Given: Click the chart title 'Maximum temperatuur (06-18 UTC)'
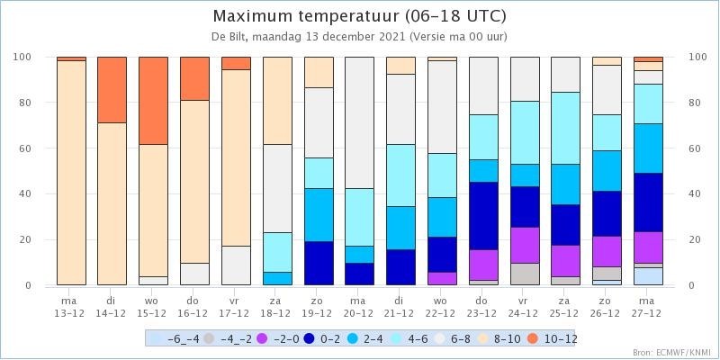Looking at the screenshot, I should pos(359,17).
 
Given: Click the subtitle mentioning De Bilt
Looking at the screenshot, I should pos(359,37).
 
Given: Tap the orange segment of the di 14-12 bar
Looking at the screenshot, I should pos(112,89).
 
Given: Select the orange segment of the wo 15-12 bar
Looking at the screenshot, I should pos(153,100).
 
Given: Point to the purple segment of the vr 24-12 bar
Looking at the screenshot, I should pos(524,245).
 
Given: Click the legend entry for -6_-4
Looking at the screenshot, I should pos(170,338).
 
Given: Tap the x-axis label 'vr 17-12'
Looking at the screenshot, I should pos(235,307).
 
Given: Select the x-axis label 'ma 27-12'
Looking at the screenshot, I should pos(647,307).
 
